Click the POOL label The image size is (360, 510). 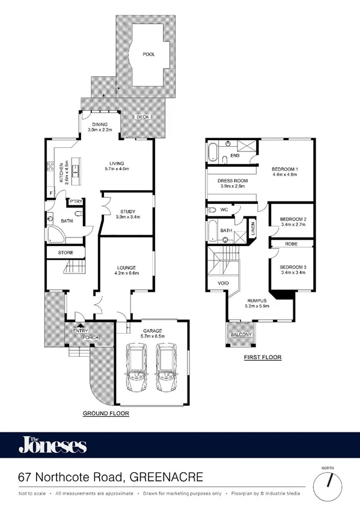pyautogui.click(x=148, y=54)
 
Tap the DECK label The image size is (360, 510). pyautogui.click(x=142, y=117)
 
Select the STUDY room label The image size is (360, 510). pyautogui.click(x=127, y=212)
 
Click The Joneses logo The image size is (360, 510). pyautogui.click(x=52, y=446)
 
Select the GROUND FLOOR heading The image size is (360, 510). pyautogui.click(x=106, y=414)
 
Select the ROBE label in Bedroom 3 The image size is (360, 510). pyautogui.click(x=290, y=245)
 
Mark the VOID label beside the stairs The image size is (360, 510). pyautogui.click(x=216, y=283)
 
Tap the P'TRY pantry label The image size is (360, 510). pyautogui.click(x=76, y=201)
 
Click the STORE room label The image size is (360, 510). pyautogui.click(x=65, y=253)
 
